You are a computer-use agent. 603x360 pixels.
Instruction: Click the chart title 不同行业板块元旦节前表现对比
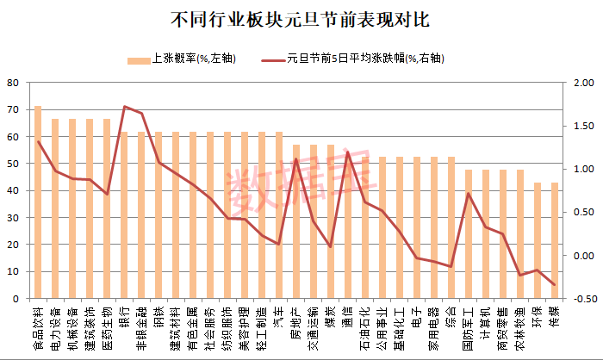301,18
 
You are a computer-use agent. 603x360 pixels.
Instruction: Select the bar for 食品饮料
38,202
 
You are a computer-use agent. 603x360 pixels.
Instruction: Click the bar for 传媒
555,240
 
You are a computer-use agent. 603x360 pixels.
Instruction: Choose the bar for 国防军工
469,234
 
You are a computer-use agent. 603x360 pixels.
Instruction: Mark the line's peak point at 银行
124,107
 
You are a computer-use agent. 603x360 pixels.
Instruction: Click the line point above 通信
348,152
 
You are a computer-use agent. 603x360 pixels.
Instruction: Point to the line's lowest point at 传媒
555,285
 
